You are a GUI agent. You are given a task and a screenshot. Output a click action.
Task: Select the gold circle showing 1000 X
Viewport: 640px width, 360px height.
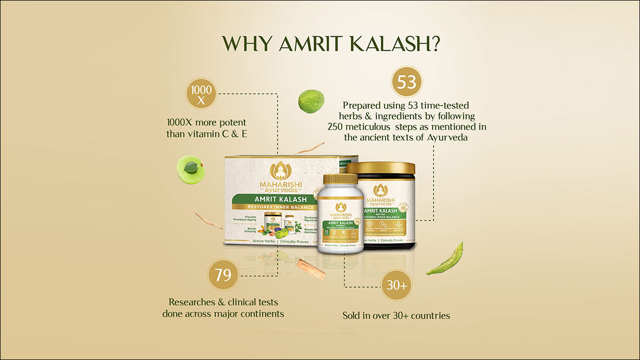point(202,94)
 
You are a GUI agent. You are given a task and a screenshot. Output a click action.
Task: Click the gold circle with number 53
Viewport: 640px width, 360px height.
point(407,83)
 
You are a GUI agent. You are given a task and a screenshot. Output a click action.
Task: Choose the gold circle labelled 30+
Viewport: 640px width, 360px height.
point(396,286)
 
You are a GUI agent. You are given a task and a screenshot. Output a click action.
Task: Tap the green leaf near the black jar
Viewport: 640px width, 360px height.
point(445,259)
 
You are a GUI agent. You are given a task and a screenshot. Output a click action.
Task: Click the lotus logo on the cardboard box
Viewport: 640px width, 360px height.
point(280,171)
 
